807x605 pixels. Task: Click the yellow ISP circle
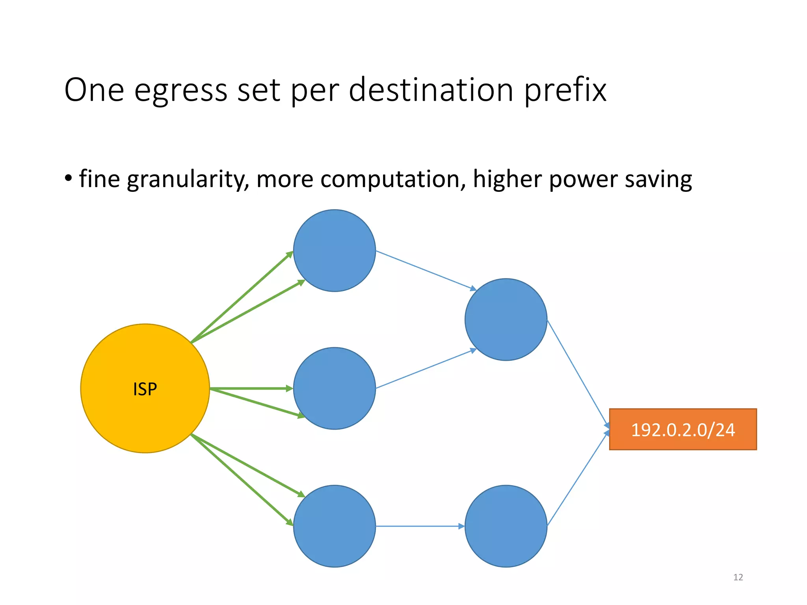pyautogui.click(x=145, y=388)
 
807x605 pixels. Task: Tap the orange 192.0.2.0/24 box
pyautogui.click(x=683, y=429)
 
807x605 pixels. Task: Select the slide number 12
pyautogui.click(x=738, y=577)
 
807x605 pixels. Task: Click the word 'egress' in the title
pyautogui.click(x=181, y=91)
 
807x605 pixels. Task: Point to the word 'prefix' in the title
pyautogui.click(x=565, y=91)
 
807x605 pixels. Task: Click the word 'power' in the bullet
pyautogui.click(x=583, y=180)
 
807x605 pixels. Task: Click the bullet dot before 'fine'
pyautogui.click(x=69, y=178)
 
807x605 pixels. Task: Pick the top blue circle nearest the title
pyautogui.click(x=335, y=251)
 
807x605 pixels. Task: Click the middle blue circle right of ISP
pyautogui.click(x=335, y=388)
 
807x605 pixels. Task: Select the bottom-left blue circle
pyautogui.click(x=335, y=526)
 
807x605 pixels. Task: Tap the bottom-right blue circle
pyautogui.click(x=506, y=526)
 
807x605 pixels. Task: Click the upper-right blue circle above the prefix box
pyautogui.click(x=506, y=319)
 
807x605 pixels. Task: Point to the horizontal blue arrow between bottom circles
pyautogui.click(x=420, y=526)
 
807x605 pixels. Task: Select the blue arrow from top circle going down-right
pyautogui.click(x=426, y=270)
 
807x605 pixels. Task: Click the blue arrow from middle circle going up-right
pyautogui.click(x=426, y=369)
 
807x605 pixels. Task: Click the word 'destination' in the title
pyautogui.click(x=431, y=91)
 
